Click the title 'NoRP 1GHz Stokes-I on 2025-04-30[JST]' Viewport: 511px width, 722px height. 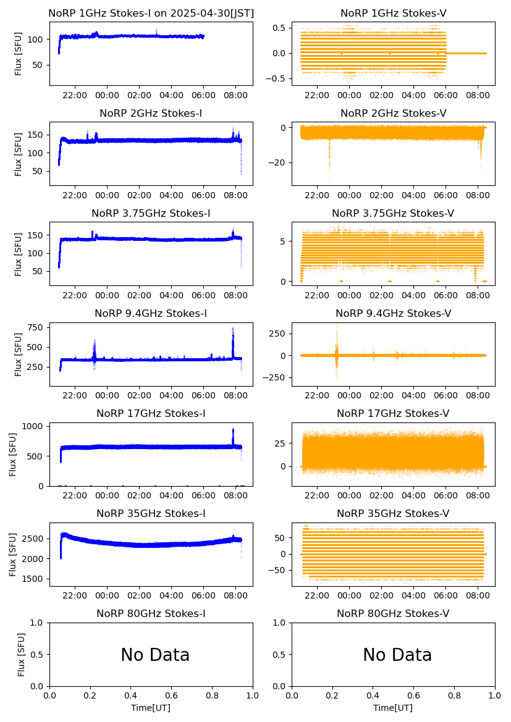click(151, 13)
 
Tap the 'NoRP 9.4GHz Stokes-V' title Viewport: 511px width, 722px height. click(393, 313)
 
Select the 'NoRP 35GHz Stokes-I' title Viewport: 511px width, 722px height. click(151, 514)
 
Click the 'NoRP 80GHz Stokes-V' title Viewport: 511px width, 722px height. click(393, 614)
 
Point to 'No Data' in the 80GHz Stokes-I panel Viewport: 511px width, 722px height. click(155, 655)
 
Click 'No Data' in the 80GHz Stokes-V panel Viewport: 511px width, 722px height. click(397, 655)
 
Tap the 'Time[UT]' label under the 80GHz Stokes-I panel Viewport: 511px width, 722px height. click(151, 708)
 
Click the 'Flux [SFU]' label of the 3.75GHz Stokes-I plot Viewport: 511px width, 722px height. click(19, 253)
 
